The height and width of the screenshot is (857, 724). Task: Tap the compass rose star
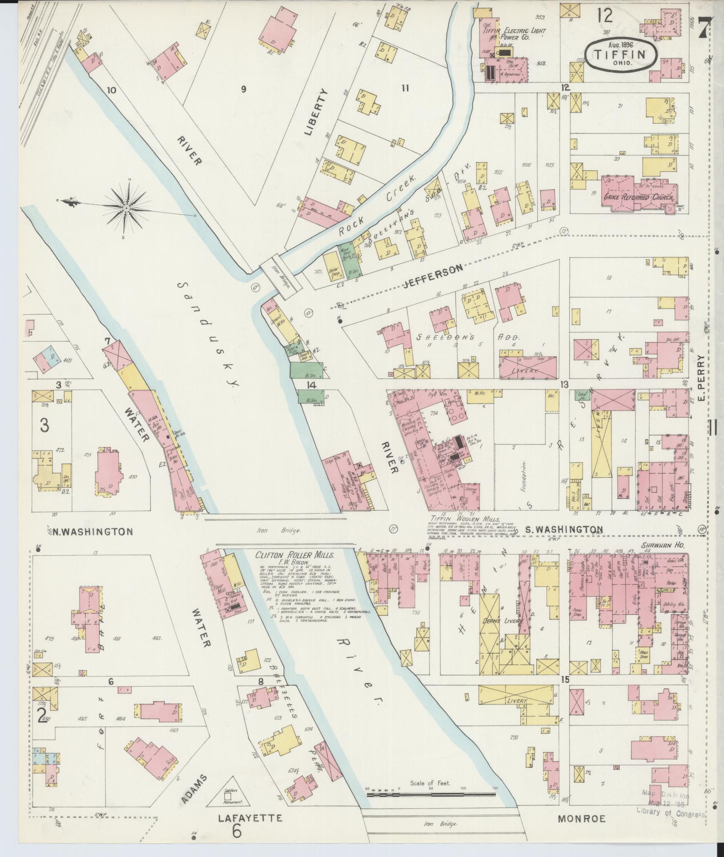[x=127, y=208]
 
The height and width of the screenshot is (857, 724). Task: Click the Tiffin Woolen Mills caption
[x=465, y=519]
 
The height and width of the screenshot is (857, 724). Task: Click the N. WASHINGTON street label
[x=92, y=531]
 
